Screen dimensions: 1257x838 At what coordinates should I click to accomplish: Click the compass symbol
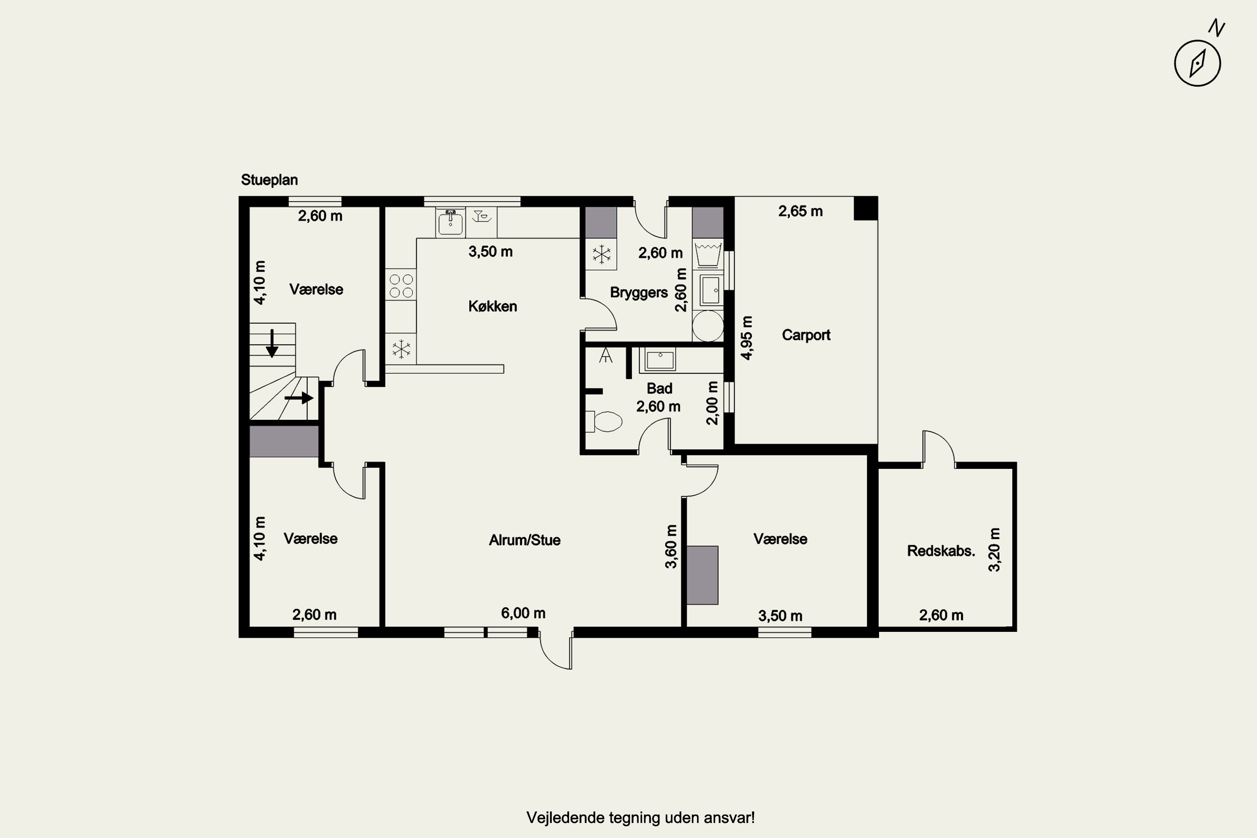coord(1197,62)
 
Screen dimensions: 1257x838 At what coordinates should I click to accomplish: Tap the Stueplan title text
coord(269,180)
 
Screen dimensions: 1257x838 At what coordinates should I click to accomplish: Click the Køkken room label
coord(492,306)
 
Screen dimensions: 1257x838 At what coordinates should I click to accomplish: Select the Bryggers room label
coord(639,293)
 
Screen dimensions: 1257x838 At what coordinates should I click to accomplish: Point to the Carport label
coord(806,335)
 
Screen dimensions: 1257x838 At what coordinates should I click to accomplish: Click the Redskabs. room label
coord(941,551)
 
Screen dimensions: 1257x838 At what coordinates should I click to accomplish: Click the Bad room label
coord(659,388)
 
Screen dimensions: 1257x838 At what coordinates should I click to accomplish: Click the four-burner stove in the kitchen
coord(401,285)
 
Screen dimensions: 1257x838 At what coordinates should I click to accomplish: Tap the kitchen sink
coord(450,222)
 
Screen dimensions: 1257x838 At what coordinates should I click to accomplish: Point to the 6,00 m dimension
coord(523,613)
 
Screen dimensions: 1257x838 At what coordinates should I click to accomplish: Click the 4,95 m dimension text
coord(747,338)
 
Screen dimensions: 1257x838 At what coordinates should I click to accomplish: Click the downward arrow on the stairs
coord(272,343)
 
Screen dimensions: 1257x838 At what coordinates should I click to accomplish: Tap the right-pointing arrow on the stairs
coord(299,398)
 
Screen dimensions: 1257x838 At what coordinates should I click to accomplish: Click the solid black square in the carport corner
coord(865,208)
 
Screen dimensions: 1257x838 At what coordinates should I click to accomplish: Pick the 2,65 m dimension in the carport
coord(800,212)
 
